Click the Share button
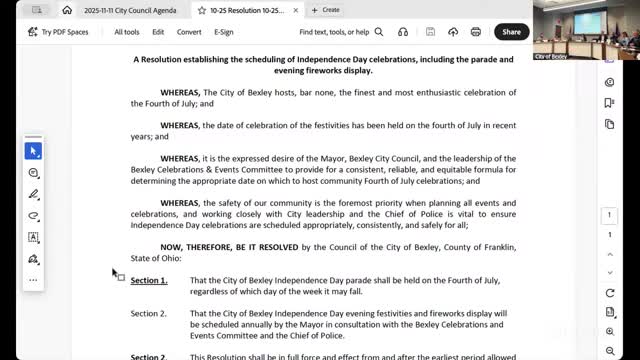point(511,32)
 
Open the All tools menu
point(127,32)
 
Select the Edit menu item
point(158,32)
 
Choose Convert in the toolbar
point(189,32)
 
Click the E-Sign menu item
point(224,32)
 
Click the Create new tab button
point(326,10)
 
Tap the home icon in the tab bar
point(67,10)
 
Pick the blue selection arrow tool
point(33,151)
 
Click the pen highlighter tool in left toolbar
point(33,195)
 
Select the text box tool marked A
point(33,237)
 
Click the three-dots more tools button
point(33,279)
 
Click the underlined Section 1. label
point(149,281)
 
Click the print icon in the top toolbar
point(452,32)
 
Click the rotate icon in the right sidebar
point(610,293)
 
